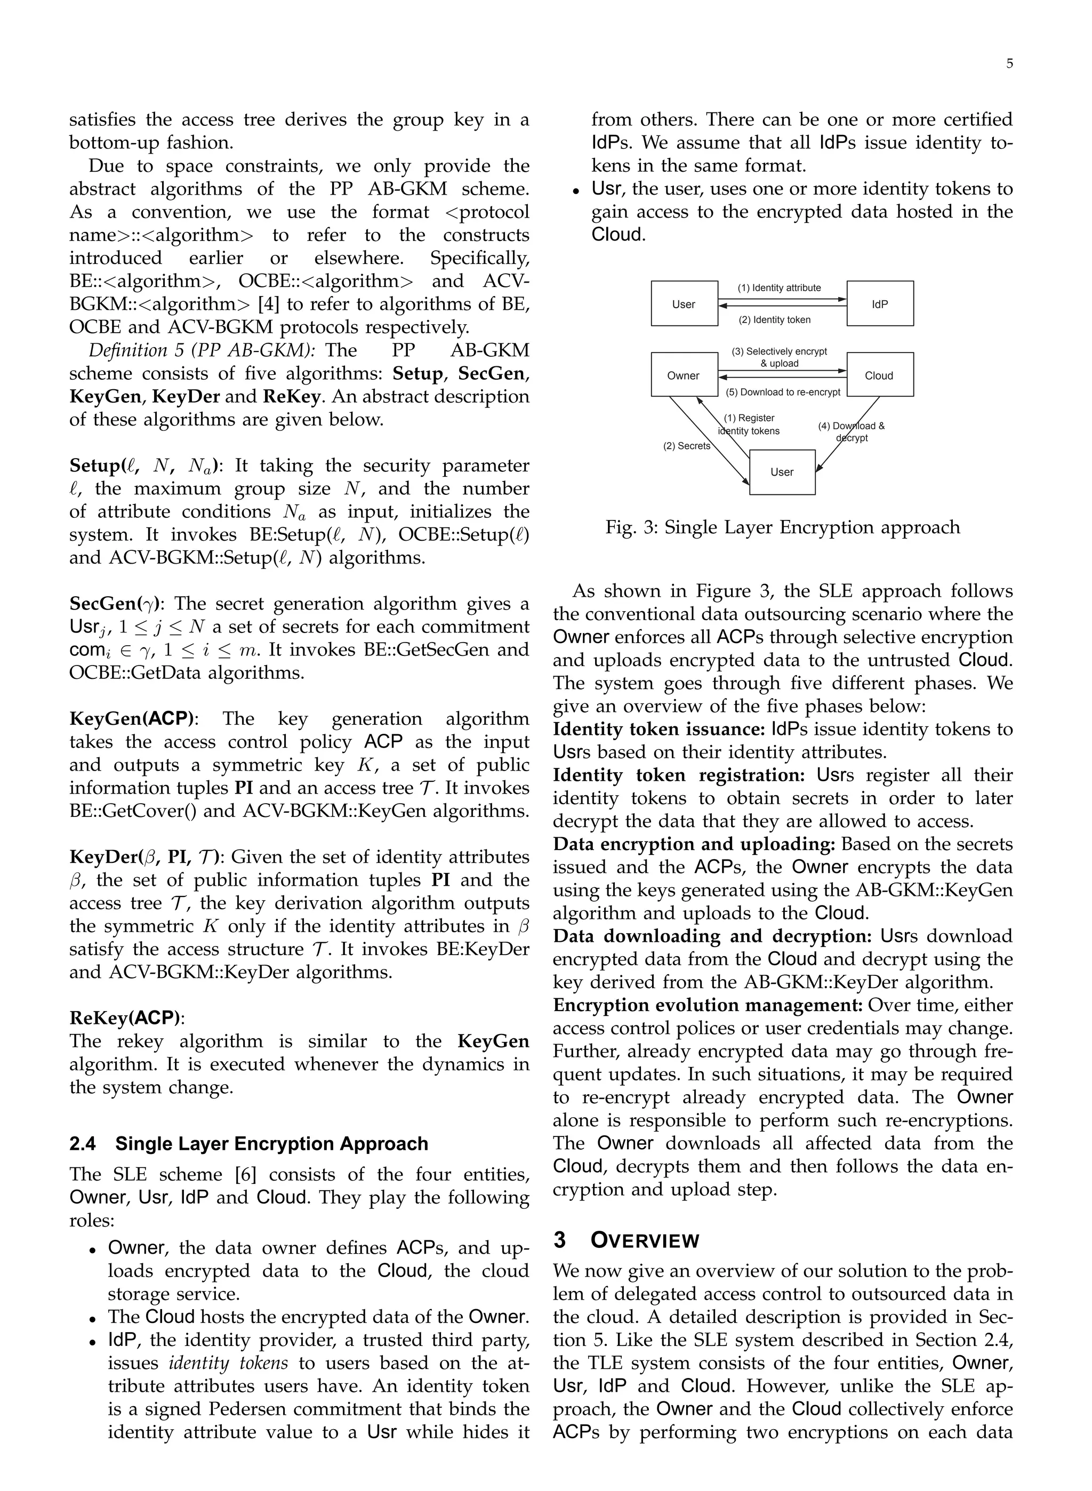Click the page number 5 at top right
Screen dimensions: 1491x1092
coord(1009,64)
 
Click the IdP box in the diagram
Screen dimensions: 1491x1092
coord(880,304)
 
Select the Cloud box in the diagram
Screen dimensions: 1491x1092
coord(880,375)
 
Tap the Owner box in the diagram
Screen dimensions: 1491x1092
coord(684,375)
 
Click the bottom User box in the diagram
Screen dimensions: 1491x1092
coord(782,472)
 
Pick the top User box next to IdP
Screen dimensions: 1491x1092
coord(684,304)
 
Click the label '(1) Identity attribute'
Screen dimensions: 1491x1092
coord(780,287)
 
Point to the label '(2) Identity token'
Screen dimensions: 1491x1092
coord(774,320)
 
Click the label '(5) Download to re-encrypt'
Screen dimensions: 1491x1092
coord(783,392)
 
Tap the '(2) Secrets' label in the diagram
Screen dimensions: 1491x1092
coord(686,446)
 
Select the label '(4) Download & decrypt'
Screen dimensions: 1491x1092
coord(852,431)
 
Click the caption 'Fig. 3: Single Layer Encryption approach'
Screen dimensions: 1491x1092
coord(783,527)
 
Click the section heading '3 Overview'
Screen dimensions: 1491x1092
coord(626,1240)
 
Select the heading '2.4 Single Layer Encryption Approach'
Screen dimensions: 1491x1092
coord(248,1144)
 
